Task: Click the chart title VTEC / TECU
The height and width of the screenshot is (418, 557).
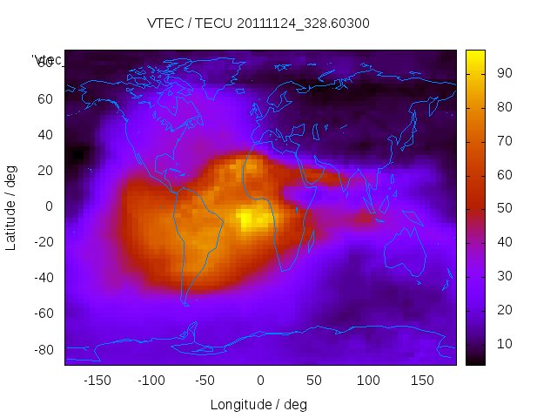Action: tap(258, 24)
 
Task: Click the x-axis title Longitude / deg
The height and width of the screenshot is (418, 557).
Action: tap(258, 405)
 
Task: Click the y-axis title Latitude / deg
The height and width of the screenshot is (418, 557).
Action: tap(11, 206)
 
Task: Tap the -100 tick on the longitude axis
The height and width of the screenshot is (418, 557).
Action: tap(151, 381)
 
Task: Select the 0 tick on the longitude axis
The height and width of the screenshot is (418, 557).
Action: tap(260, 381)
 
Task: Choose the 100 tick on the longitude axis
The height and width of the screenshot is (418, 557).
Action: tap(368, 381)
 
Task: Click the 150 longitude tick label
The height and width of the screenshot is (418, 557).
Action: tap(423, 381)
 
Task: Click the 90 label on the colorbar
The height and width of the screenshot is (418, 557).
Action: tap(502, 73)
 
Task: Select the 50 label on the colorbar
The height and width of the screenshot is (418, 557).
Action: tap(502, 209)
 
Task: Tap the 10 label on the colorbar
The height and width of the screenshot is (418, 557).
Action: tap(502, 345)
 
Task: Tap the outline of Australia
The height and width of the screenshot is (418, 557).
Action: tap(404, 253)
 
